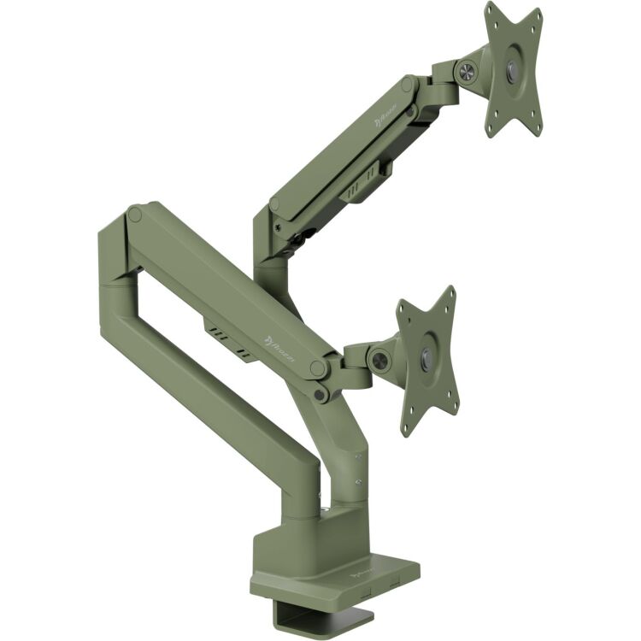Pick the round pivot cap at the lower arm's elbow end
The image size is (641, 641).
tap(134, 214)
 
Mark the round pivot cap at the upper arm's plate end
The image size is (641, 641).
tap(409, 87)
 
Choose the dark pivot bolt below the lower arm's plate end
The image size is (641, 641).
tap(320, 394)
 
